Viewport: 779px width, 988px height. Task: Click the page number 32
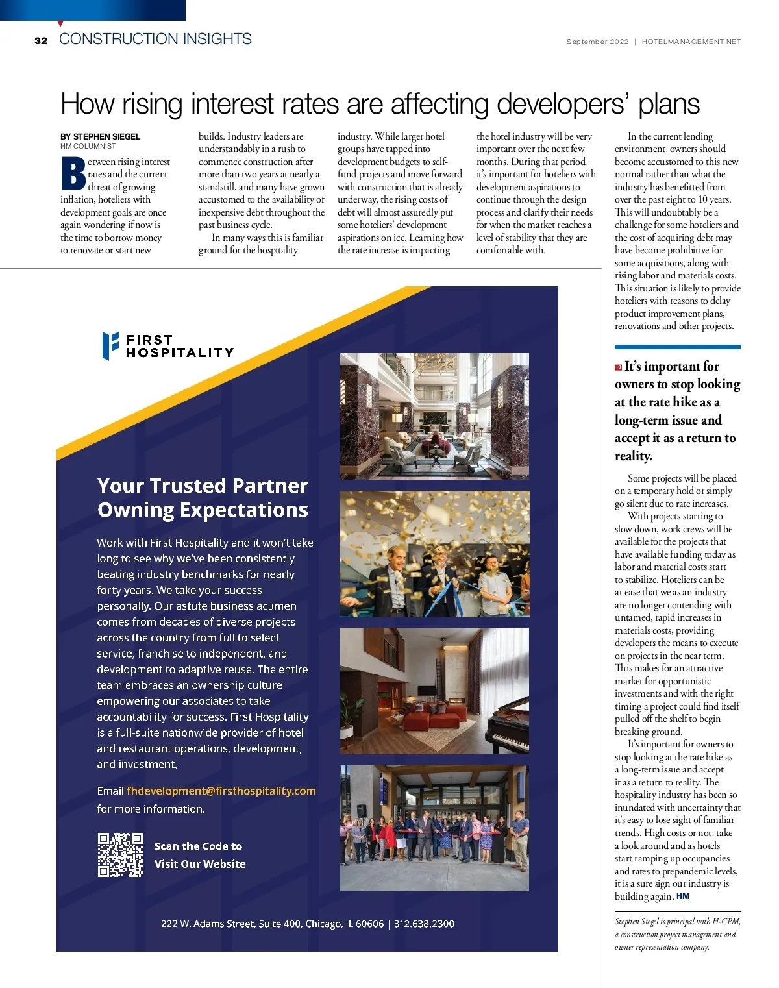[41, 41]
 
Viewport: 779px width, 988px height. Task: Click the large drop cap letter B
[73, 174]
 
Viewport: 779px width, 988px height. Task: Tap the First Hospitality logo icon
[110, 345]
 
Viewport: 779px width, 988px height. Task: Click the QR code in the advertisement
[120, 855]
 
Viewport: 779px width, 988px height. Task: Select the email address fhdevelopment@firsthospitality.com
[221, 791]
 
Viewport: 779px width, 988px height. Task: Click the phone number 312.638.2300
[424, 924]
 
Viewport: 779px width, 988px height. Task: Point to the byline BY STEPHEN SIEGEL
[100, 136]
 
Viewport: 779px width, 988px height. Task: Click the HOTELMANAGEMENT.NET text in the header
[691, 42]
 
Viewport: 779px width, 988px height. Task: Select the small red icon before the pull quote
[619, 367]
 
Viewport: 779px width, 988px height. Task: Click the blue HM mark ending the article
[683, 896]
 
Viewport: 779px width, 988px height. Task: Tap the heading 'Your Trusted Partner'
[203, 486]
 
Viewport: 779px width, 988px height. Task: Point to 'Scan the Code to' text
[198, 846]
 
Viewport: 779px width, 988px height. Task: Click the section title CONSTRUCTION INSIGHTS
[155, 39]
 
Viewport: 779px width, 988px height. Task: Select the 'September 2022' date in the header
[597, 42]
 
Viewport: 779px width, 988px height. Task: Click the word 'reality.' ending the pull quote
[633, 456]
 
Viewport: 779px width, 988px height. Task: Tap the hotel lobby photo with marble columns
[434, 416]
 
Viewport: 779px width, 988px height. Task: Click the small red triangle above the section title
[60, 24]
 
